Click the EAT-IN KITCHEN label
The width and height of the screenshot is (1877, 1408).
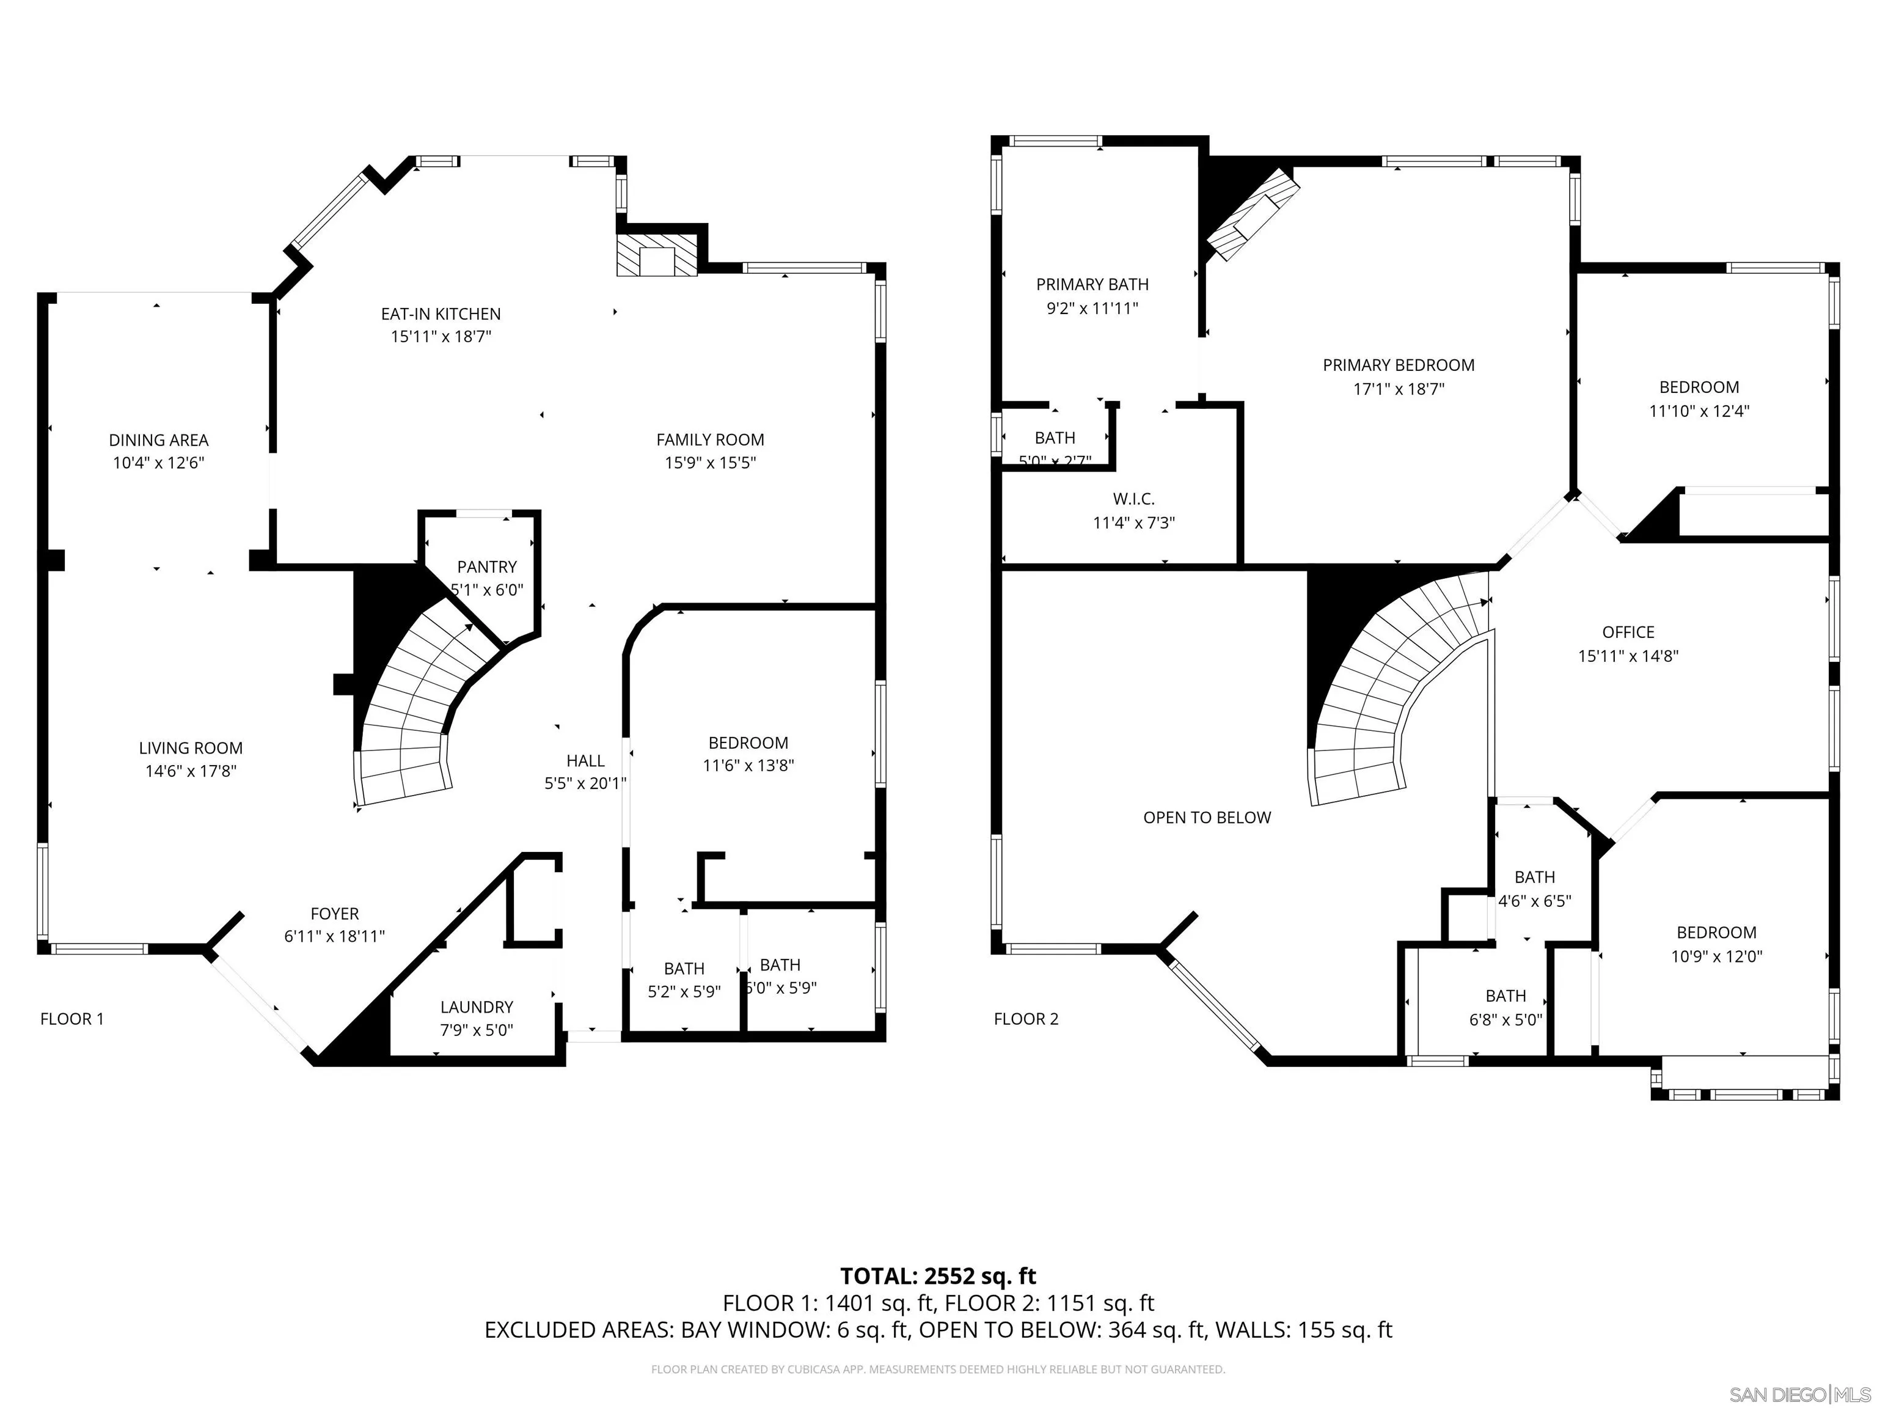pos(441,314)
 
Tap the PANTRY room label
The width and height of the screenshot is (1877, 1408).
pos(486,567)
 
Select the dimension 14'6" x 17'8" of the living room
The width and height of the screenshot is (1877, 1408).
pos(190,771)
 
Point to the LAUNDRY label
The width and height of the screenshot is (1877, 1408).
pos(476,1007)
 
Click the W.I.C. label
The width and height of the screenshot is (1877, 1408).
pos(1133,499)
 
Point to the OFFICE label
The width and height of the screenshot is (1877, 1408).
pos(1628,632)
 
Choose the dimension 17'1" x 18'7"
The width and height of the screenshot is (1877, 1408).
pos(1399,389)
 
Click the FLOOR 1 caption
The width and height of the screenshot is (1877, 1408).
pos(72,1019)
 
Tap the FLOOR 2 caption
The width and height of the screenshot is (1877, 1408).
pos(1026,1019)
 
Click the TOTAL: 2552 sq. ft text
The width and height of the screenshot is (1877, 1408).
pos(938,1277)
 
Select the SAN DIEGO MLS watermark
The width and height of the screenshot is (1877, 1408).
pos(1799,1395)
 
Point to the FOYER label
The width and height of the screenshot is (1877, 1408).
pos(334,914)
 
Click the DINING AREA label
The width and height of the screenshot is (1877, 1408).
pos(159,441)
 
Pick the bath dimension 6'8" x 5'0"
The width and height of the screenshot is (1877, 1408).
pos(1506,1020)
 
